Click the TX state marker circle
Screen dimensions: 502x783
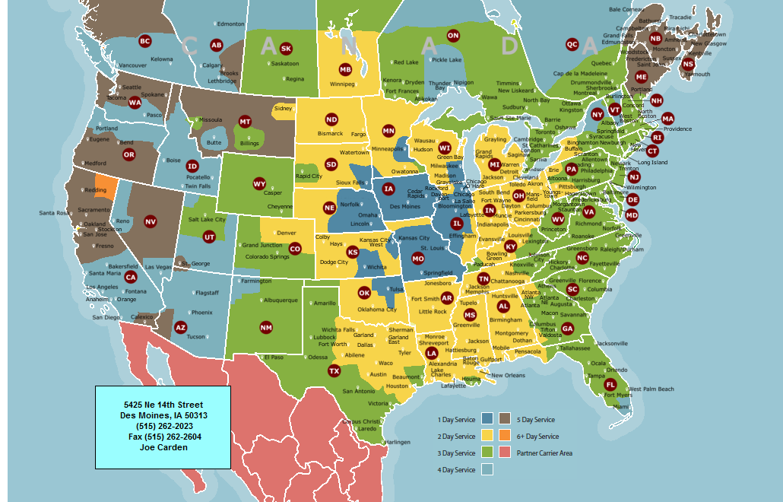(x=334, y=370)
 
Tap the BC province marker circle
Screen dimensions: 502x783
(x=144, y=41)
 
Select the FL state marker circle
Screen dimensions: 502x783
(x=610, y=384)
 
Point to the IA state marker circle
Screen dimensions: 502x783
(x=388, y=189)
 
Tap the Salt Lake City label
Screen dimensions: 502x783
(x=207, y=219)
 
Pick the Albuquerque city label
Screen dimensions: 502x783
(x=275, y=300)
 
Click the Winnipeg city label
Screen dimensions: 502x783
(x=343, y=84)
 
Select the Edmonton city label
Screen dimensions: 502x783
(x=231, y=24)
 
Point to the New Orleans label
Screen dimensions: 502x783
(x=508, y=375)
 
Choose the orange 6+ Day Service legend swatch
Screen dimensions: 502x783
(x=505, y=436)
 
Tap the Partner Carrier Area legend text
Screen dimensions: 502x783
(x=544, y=453)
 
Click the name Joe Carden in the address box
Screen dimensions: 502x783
(x=163, y=447)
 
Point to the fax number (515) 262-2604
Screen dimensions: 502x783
(x=163, y=437)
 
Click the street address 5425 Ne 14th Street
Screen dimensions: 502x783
(x=163, y=405)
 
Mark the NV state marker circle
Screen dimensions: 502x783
(x=150, y=221)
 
